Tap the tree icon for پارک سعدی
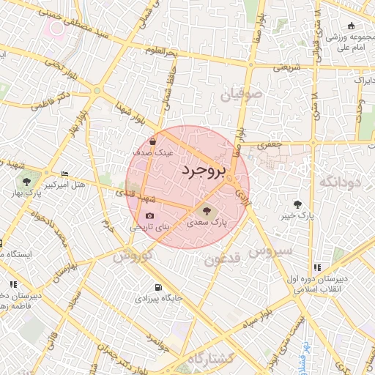click(205, 210)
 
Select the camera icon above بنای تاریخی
click(150, 216)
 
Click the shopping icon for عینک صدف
click(152, 142)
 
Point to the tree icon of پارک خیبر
click(297, 204)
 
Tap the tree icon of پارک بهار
click(27, 182)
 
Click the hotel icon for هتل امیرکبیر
click(65, 174)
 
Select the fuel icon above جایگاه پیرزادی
click(159, 287)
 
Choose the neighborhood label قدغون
click(222, 259)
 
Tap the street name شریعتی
click(288, 67)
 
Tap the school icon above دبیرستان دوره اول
click(317, 267)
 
